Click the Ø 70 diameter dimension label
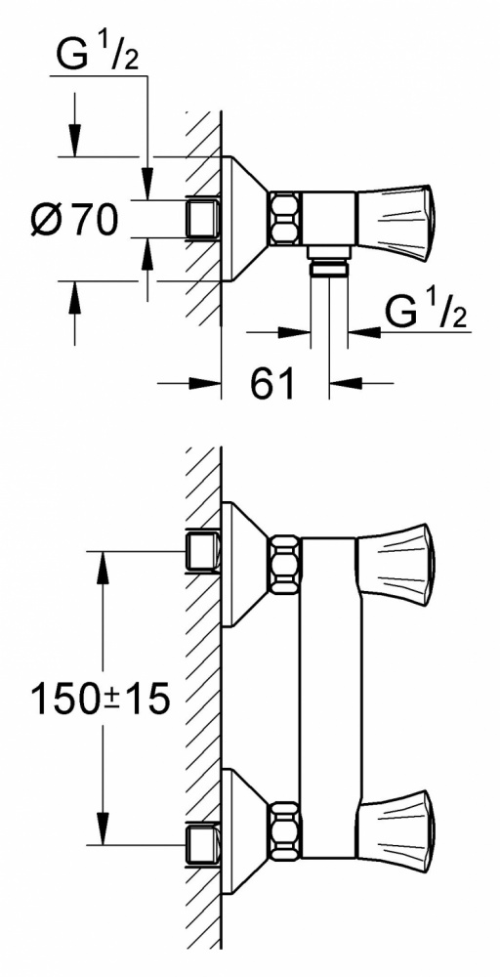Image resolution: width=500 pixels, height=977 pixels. point(74,220)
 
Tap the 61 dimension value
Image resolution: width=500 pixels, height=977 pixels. point(272,383)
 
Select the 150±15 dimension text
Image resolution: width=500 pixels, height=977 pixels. point(100,698)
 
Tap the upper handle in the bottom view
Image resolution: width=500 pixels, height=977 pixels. point(395,564)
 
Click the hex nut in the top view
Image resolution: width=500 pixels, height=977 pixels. point(284,219)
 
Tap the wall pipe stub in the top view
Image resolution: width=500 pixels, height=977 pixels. point(203,218)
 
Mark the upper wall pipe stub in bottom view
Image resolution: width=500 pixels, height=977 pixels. point(203,551)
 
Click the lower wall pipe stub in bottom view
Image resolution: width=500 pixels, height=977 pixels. point(203,845)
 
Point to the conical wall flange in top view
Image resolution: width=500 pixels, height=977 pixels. point(245,219)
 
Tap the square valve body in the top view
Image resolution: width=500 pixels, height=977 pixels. point(328,219)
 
